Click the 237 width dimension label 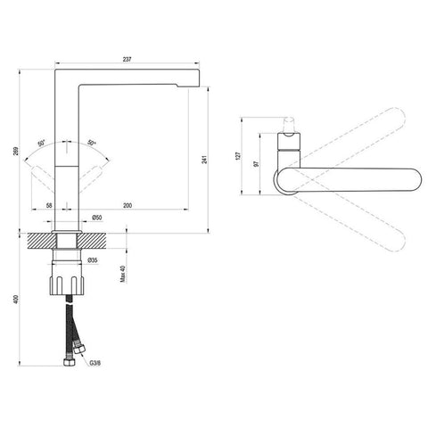coord(127,59)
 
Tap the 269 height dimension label coord(16,151)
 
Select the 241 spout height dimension coord(204,160)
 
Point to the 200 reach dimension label coord(128,205)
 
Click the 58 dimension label coord(49,205)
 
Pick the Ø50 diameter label coord(96,218)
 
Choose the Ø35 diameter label coord(93,260)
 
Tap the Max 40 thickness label coord(123,274)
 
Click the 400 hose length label coord(16,300)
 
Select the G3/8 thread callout coord(95,363)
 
